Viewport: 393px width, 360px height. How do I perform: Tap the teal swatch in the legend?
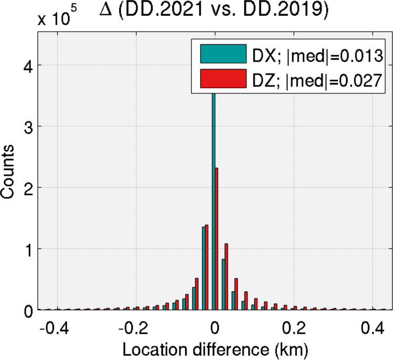pos(223,53)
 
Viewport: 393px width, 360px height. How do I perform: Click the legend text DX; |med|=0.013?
pos(317,54)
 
